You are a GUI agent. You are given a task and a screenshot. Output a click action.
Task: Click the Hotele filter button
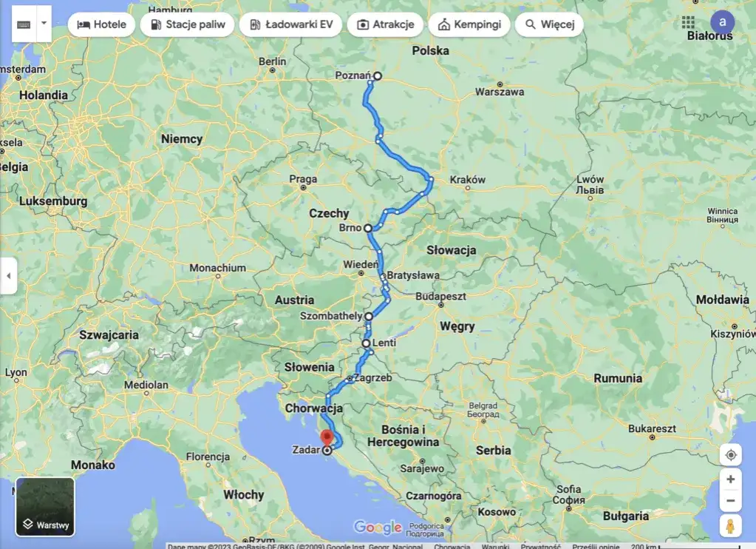[102, 24]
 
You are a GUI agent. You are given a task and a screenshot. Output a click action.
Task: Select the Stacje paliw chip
[187, 24]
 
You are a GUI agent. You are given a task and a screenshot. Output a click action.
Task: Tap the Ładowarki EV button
[291, 24]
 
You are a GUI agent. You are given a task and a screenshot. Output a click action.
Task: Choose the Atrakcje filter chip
[385, 24]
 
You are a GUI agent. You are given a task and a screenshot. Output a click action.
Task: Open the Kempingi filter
[469, 24]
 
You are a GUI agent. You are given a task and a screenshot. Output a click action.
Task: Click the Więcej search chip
[549, 24]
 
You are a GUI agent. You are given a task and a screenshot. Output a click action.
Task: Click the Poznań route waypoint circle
[378, 75]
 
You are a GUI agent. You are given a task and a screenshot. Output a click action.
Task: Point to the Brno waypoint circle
[368, 228]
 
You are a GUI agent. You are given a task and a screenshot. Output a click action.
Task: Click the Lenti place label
[384, 343]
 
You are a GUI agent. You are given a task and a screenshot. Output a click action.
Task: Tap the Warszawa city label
[500, 92]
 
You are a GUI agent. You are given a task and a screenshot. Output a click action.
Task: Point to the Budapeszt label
[441, 295]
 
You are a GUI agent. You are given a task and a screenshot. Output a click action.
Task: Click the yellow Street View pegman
[730, 526]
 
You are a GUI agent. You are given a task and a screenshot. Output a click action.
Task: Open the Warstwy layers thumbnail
[45, 507]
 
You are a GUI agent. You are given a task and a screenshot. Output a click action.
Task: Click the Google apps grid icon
[689, 22]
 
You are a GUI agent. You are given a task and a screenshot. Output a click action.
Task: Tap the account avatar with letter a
[722, 22]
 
